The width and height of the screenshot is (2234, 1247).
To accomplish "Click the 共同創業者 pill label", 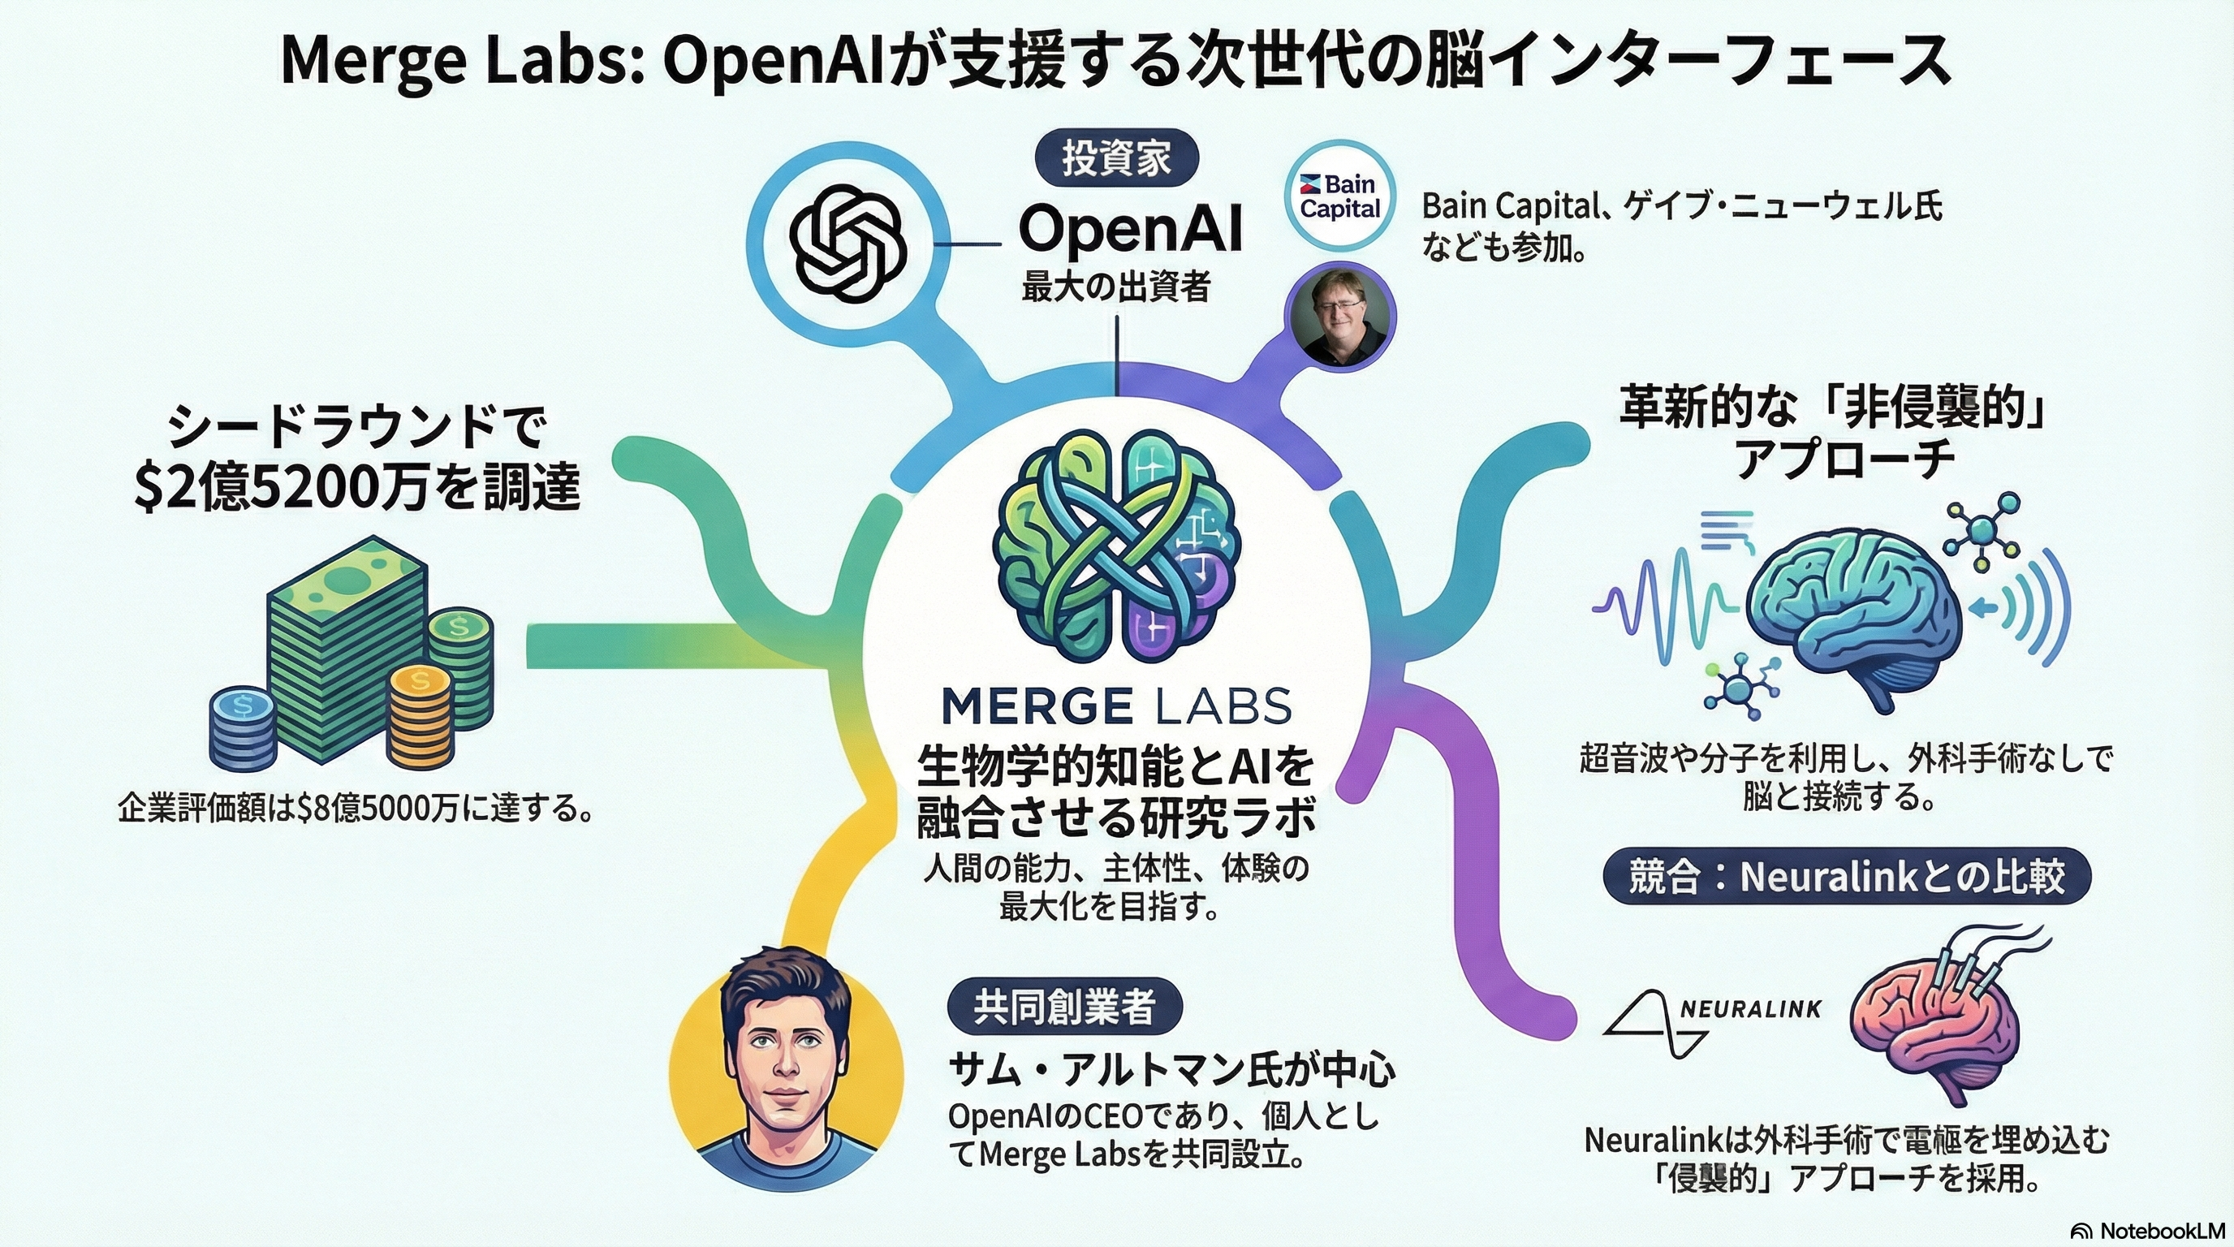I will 1065,1006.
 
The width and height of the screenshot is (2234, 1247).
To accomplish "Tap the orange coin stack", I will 420,717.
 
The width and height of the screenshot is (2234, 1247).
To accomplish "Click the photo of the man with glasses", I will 1340,317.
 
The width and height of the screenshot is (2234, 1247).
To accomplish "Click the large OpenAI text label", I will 1130,230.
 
